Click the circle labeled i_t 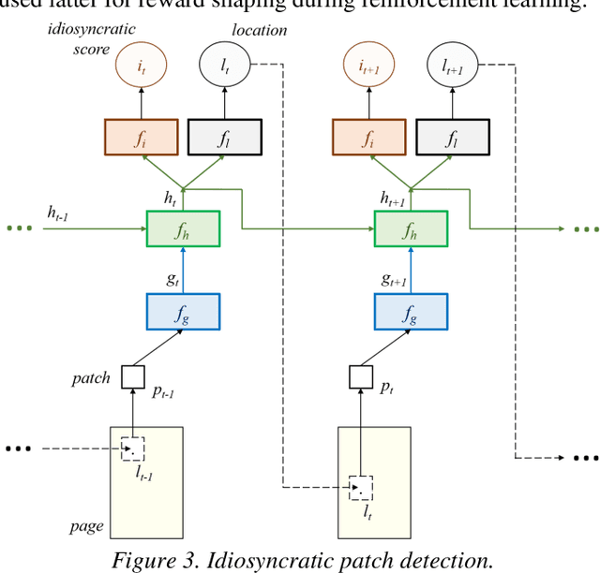[x=138, y=66]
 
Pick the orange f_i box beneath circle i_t [x=138, y=137]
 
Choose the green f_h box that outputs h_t [x=183, y=228]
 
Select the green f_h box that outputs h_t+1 [x=411, y=228]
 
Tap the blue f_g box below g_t [x=183, y=311]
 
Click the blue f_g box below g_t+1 [x=411, y=311]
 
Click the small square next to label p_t [x=360, y=378]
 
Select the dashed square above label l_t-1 [x=133, y=449]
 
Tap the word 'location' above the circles [x=261, y=30]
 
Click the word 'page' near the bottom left [x=85, y=527]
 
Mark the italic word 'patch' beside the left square [x=90, y=379]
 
